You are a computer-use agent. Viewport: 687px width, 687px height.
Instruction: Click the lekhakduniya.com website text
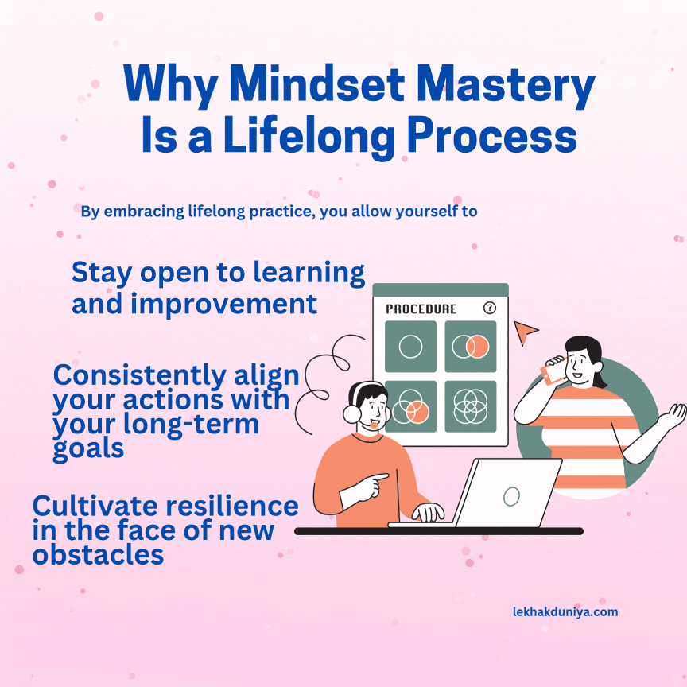click(565, 611)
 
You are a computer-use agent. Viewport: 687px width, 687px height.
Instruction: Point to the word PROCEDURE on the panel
click(421, 309)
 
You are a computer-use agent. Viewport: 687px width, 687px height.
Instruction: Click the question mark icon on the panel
click(489, 308)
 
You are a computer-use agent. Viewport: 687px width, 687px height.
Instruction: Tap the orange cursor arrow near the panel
click(524, 332)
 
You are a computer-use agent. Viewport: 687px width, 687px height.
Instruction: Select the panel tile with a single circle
click(410, 347)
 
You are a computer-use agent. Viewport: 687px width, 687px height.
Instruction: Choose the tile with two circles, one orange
click(470, 347)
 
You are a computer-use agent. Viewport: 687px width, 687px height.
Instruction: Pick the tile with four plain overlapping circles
click(470, 406)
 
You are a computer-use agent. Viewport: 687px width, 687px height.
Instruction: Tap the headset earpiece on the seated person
click(351, 413)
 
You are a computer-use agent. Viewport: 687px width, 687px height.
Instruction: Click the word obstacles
click(98, 553)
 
